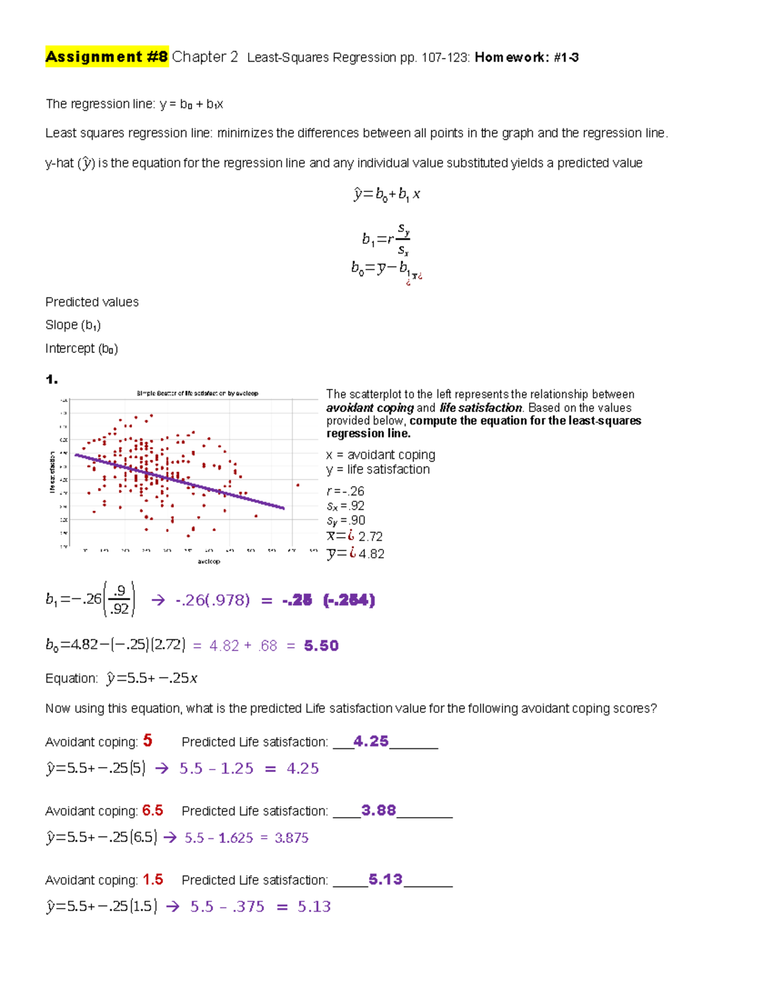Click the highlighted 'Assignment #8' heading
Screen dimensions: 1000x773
coord(106,57)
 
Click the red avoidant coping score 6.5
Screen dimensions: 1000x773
coord(153,810)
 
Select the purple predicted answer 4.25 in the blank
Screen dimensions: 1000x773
coord(371,741)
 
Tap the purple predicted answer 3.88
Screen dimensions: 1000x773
coord(379,810)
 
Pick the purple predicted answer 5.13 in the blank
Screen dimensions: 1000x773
coord(385,879)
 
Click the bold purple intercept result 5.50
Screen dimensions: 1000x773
coord(321,645)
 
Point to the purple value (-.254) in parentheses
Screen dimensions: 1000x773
coord(349,600)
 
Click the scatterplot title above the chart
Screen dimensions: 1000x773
coord(197,393)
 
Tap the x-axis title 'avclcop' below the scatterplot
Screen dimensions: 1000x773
coord(208,561)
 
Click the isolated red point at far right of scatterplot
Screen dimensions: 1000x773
coord(298,485)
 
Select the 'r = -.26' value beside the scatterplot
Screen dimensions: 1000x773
coord(345,491)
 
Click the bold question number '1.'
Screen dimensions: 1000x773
coord(52,380)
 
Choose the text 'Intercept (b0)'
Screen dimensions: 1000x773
coord(81,348)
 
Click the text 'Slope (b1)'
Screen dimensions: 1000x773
coord(73,325)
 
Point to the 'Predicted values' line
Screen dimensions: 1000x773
coord(91,302)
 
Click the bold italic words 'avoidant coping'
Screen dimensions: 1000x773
coord(370,408)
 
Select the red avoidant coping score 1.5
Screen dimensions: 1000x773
coord(153,879)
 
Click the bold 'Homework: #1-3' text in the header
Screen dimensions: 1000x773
coord(526,57)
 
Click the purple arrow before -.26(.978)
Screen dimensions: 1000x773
coord(158,600)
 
